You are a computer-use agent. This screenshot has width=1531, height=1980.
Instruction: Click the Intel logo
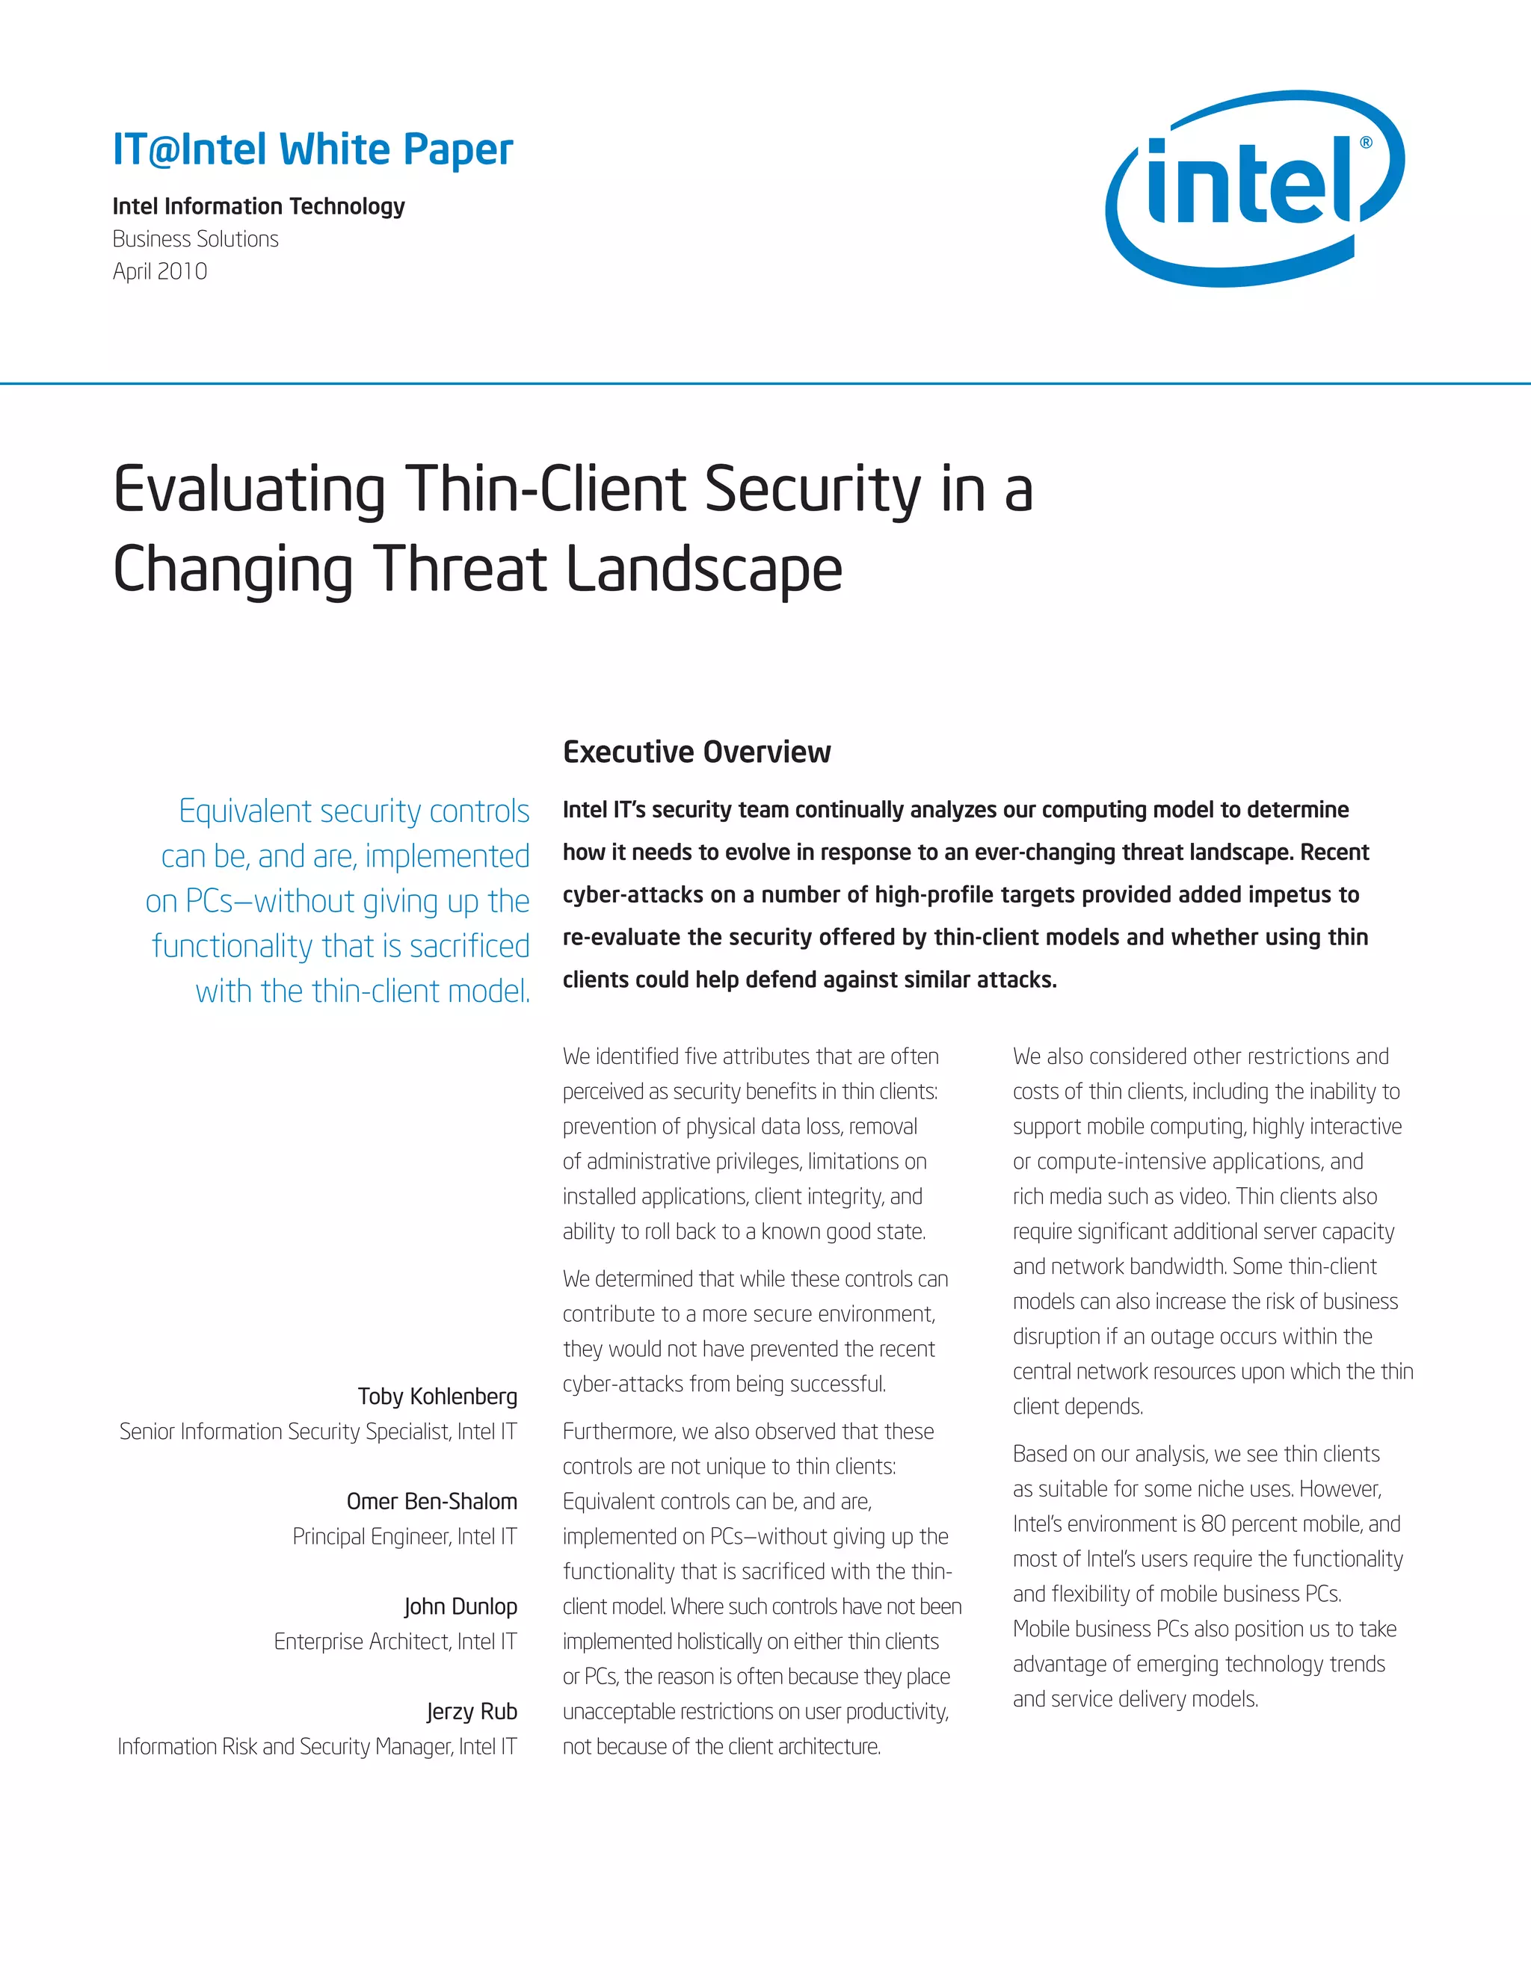[x=1254, y=188]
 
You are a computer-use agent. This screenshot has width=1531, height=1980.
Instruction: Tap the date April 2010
[x=160, y=272]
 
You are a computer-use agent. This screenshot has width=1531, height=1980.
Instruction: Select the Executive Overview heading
[x=696, y=752]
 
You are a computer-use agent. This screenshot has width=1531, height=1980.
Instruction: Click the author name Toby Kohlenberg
[x=437, y=1396]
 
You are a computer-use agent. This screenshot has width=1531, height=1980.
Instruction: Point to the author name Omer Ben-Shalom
[x=432, y=1501]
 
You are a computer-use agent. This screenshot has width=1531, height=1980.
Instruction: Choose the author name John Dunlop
[x=460, y=1606]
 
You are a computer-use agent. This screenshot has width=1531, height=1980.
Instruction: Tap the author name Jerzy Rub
[x=472, y=1712]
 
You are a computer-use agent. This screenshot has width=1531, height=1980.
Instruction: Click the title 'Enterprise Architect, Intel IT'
[x=395, y=1642]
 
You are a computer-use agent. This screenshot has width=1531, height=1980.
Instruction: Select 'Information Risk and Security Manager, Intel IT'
[x=318, y=1747]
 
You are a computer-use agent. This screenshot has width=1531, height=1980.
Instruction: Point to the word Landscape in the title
[x=703, y=569]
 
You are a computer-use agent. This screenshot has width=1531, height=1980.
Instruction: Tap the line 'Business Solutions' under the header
[x=195, y=239]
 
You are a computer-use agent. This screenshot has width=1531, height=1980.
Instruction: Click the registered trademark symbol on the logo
[x=1366, y=142]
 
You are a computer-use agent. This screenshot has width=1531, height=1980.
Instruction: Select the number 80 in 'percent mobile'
[x=1213, y=1524]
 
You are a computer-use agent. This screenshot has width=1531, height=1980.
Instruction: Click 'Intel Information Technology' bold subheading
[x=259, y=207]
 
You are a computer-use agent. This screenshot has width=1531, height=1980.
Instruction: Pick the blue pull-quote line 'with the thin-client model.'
[x=363, y=991]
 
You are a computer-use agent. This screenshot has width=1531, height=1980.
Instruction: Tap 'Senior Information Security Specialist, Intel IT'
[x=318, y=1432]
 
